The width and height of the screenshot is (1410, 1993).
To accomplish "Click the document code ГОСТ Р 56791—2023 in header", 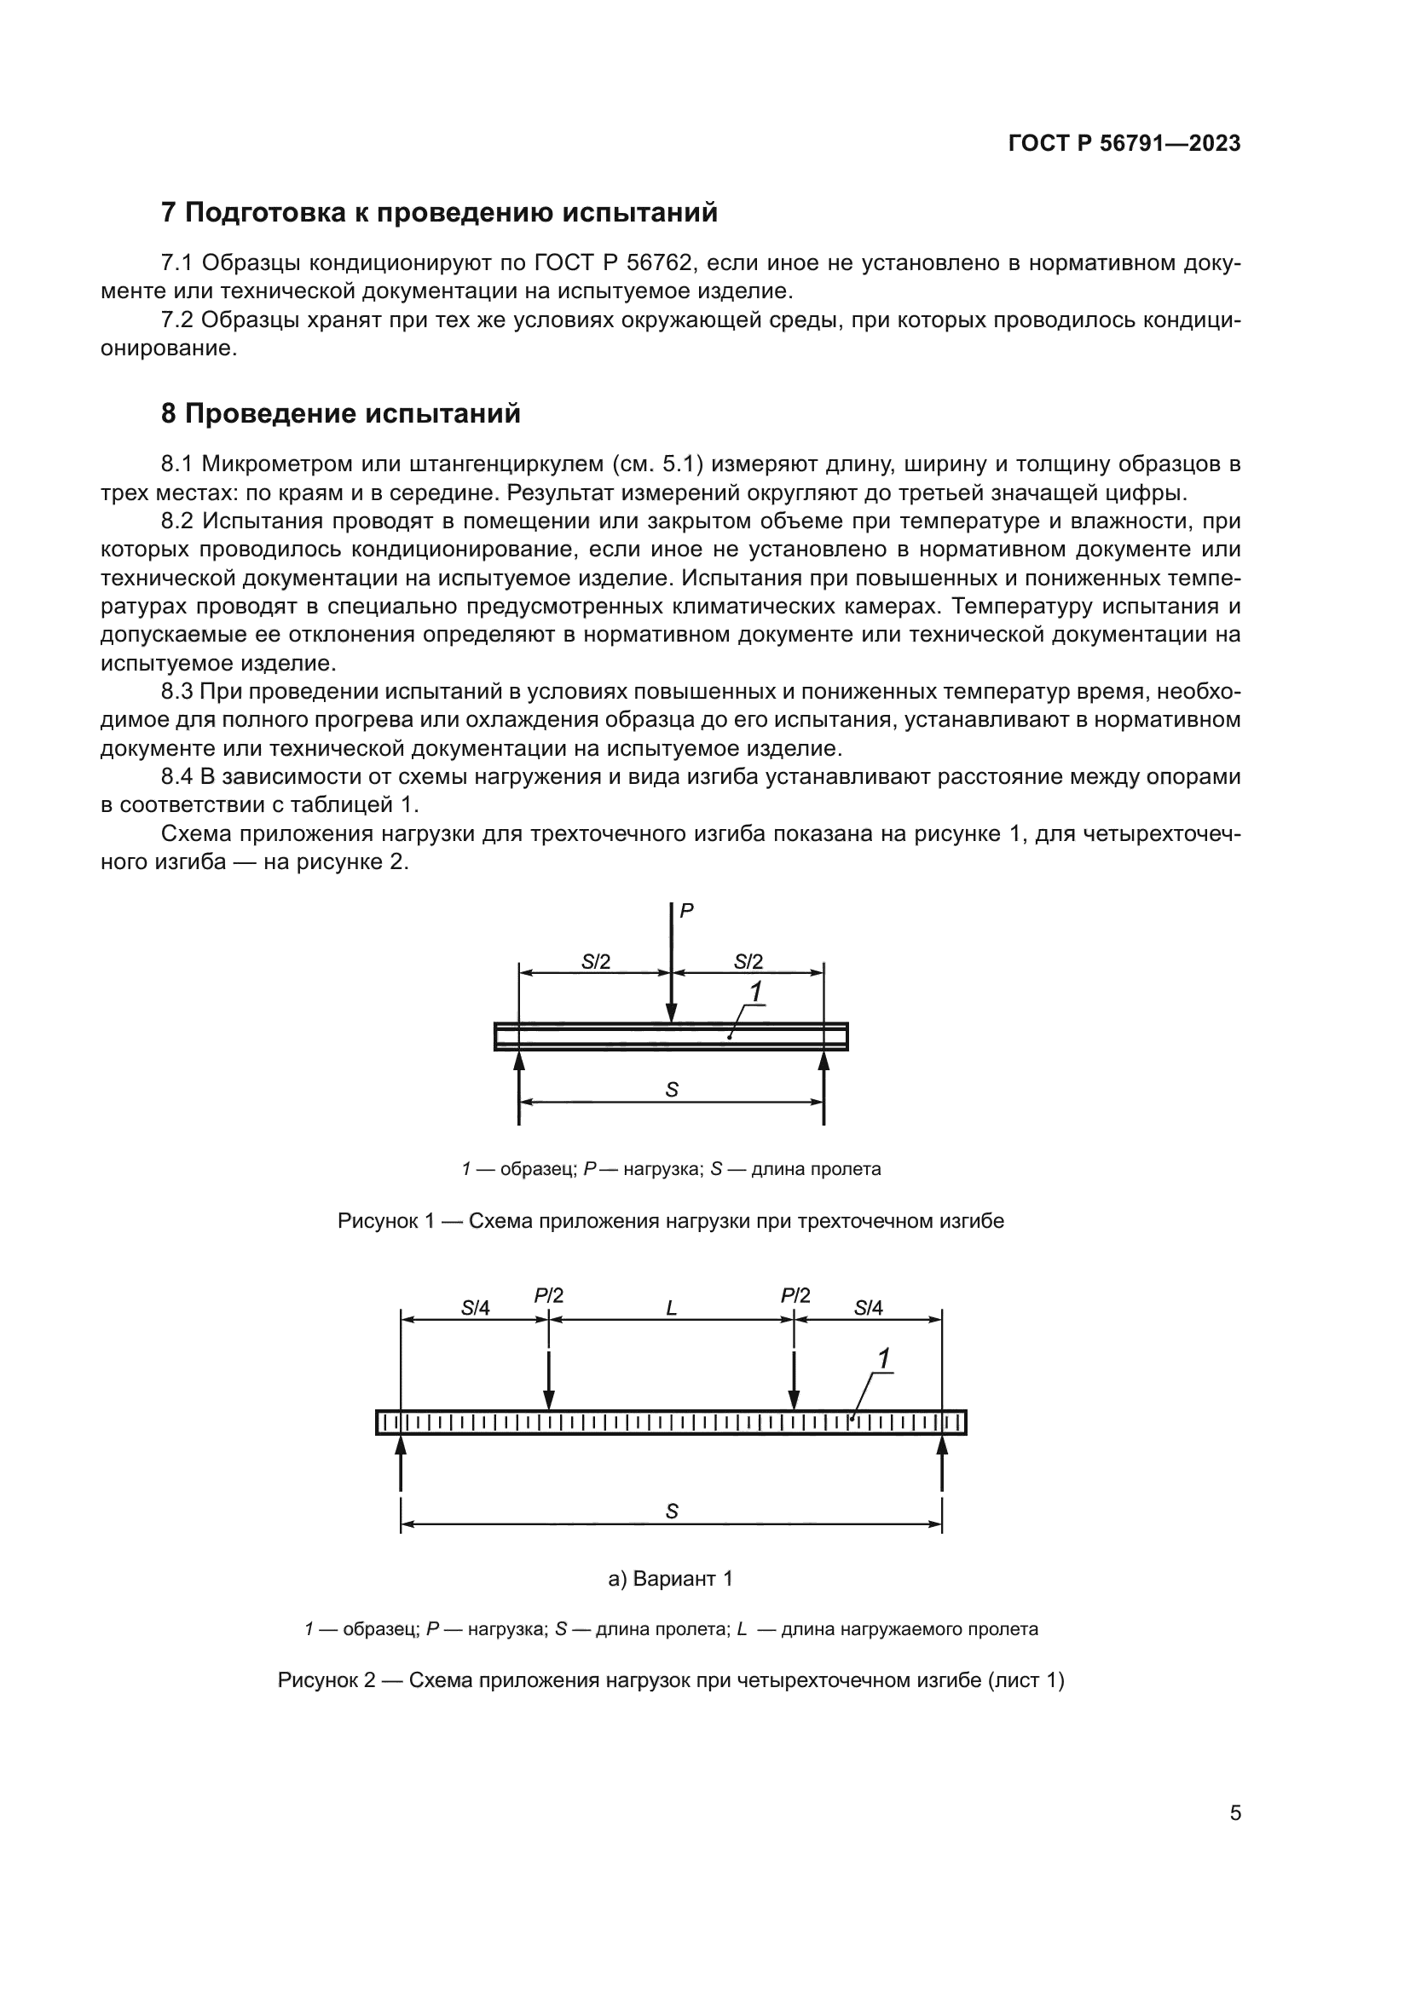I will click(x=1124, y=143).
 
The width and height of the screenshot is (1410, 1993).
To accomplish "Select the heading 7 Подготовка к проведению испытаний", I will click(x=439, y=213).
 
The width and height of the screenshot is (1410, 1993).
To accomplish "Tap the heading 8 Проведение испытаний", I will click(x=340, y=414).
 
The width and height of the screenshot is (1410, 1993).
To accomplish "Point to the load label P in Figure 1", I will click(x=686, y=911).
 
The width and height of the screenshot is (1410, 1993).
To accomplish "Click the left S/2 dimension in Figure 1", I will click(x=596, y=961).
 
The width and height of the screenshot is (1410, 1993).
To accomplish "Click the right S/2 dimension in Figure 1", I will click(x=748, y=961).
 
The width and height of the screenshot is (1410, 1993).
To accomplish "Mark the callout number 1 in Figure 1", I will click(x=755, y=990).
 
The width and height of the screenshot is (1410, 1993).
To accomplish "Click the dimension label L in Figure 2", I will click(x=671, y=1308).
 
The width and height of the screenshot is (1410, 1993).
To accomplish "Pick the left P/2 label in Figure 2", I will click(x=548, y=1296).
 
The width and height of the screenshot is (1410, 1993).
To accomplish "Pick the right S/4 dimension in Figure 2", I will click(x=867, y=1308).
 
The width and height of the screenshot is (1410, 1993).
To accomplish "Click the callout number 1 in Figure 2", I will click(x=884, y=1359).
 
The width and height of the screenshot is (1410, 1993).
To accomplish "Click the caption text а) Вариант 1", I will click(x=670, y=1578).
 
